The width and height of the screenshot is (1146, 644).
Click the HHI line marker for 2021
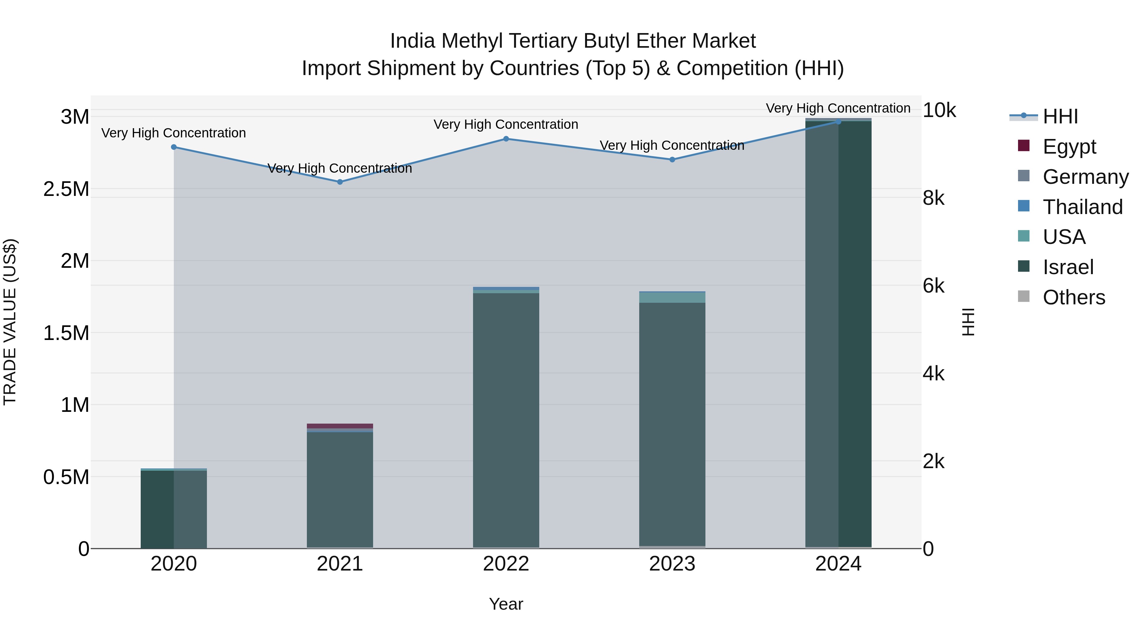point(340,182)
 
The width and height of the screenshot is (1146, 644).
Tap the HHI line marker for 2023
point(672,160)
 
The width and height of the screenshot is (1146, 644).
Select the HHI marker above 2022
point(506,139)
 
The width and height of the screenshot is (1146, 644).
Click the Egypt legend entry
point(1069,147)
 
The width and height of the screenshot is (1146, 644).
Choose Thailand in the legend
point(1082,207)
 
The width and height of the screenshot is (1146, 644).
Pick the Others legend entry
point(1073,297)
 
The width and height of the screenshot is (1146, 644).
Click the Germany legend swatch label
point(1086,177)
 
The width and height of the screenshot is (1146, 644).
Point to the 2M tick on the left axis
point(75,261)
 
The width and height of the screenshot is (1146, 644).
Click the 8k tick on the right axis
point(933,198)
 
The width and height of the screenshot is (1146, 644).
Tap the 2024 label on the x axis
point(838,564)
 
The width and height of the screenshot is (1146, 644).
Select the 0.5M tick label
point(66,477)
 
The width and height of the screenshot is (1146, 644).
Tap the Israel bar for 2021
point(340,489)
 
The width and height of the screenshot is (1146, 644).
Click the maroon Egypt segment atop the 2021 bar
point(340,426)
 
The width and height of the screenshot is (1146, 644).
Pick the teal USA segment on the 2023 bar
point(672,298)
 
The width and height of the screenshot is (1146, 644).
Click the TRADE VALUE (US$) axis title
point(10,322)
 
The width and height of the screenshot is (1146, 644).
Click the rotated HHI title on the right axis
point(968,322)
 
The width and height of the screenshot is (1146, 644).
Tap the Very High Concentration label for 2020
point(173,133)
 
